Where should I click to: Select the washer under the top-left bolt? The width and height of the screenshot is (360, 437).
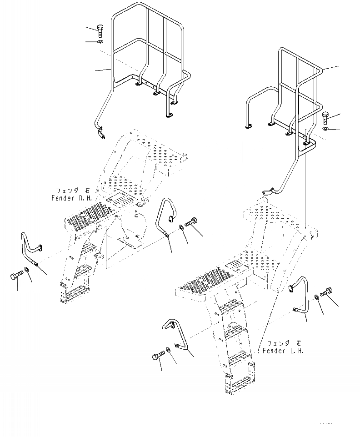[100, 42]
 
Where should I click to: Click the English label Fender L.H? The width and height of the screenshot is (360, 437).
[282, 351]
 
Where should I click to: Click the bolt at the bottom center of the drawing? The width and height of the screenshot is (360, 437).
[158, 357]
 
